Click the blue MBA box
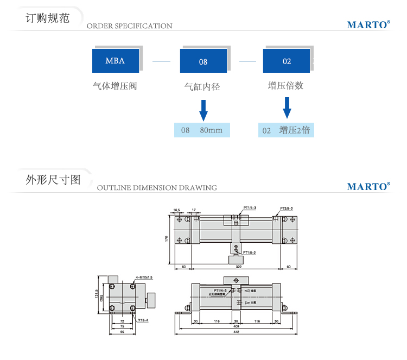pos(115,60)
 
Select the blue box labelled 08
pos(203,61)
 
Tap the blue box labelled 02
pos(287,61)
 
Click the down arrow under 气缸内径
pos(203,110)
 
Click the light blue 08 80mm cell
pos(202,130)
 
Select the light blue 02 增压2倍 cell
pos(286,130)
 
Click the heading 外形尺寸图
pos(53,179)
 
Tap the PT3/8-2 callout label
pos(287,209)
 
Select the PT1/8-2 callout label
pos(250,252)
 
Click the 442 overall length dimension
pos(237,333)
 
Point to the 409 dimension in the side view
pos(237,327)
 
